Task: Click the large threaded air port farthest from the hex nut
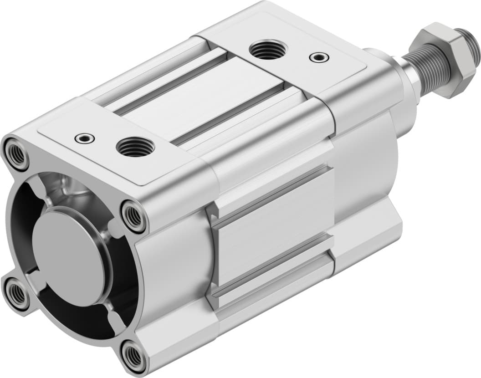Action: click(x=135, y=147)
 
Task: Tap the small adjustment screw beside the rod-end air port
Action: click(x=318, y=57)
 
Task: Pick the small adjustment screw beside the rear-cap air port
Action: click(x=83, y=138)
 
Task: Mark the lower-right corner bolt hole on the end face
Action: click(x=133, y=353)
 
